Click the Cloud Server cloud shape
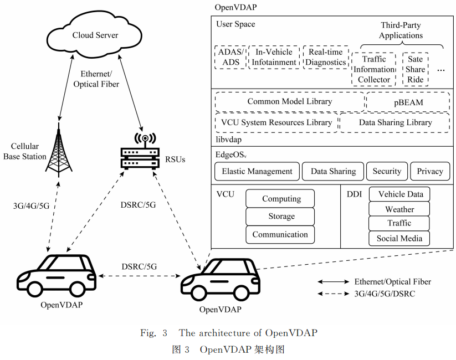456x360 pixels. tap(95, 35)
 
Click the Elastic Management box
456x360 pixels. tap(257, 172)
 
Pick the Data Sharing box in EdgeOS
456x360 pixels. tap(333, 172)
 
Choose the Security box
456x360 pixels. tap(386, 172)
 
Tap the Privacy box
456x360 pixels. tap(430, 172)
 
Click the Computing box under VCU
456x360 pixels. tap(281, 199)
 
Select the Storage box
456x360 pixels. tap(281, 217)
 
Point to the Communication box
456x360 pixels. tap(281, 234)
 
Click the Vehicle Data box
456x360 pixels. tap(399, 194)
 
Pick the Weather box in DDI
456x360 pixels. tap(399, 209)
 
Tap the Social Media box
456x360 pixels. tap(399, 239)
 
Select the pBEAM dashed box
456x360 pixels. tap(407, 102)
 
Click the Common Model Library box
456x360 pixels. tap(289, 102)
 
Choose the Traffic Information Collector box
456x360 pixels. tap(374, 70)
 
